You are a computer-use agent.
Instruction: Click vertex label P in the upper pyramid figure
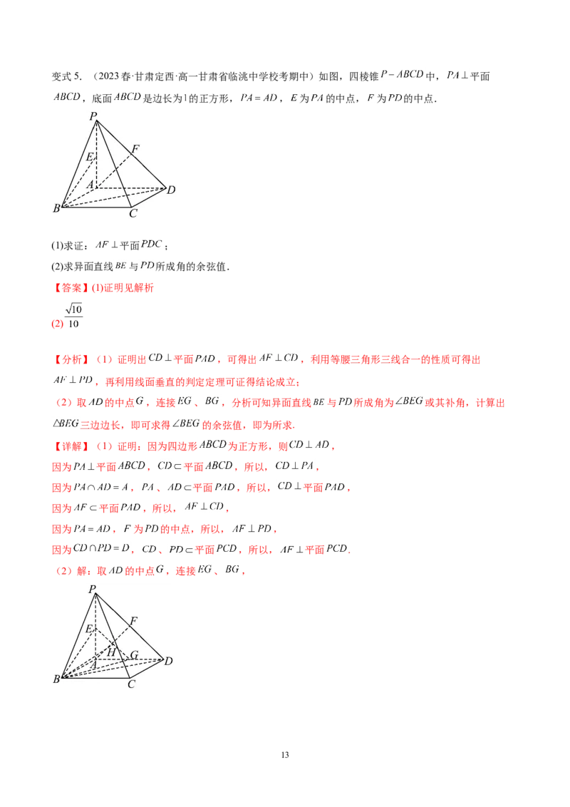coord(93,115)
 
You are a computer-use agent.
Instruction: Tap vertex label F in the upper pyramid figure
coord(135,149)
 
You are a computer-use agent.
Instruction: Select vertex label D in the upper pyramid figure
coord(171,190)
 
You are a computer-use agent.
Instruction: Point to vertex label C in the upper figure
coord(133,213)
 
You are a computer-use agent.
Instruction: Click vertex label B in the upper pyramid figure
coord(56,208)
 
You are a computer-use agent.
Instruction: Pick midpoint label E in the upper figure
coord(90,157)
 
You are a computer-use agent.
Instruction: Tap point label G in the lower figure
coord(134,654)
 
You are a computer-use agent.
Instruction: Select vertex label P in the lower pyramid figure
coord(92,590)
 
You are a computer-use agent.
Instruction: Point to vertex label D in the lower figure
coord(168,661)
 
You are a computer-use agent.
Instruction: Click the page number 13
coord(285,755)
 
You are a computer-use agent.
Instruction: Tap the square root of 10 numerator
coord(73,309)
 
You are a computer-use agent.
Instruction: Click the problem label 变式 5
coord(66,77)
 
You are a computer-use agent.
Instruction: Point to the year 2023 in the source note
coord(109,76)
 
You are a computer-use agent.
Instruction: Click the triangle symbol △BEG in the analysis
coord(66,423)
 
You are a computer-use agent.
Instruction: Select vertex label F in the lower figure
coord(134,621)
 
